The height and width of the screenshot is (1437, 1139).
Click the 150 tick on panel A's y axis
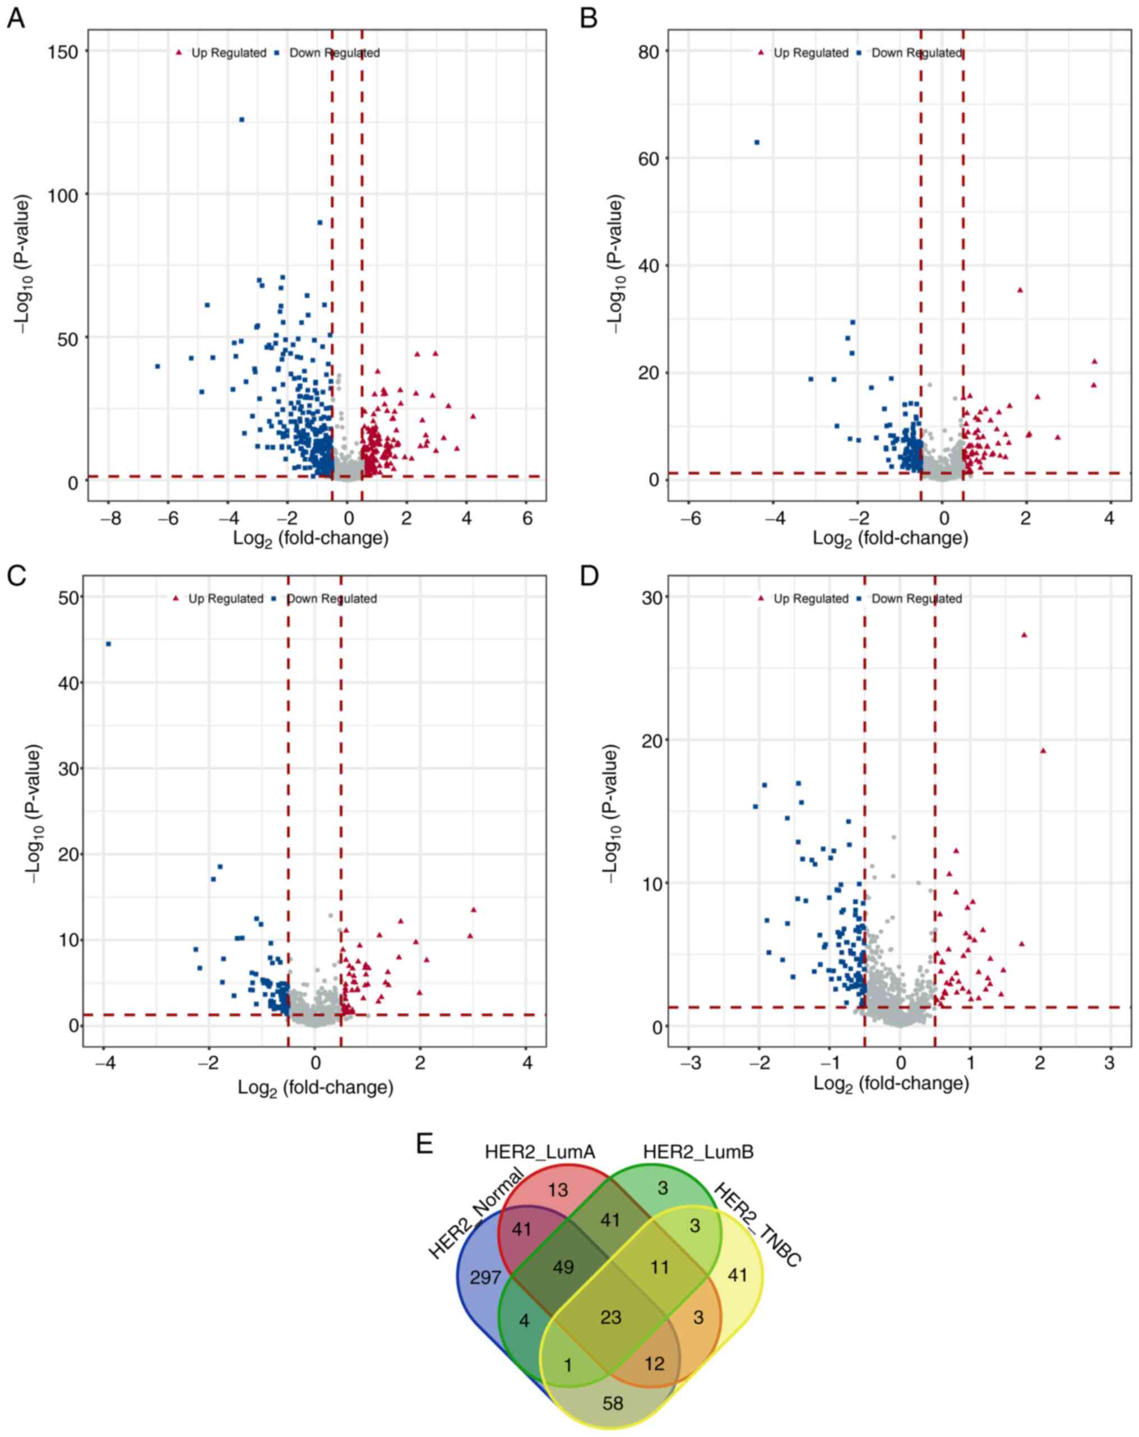tap(63, 52)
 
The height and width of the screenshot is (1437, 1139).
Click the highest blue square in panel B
tap(757, 142)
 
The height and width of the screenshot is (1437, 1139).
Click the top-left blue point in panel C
tap(109, 644)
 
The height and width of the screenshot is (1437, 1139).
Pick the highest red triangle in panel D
tap(1024, 635)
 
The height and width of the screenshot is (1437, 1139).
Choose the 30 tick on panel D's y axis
tap(652, 597)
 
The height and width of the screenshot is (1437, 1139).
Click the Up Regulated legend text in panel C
tap(226, 599)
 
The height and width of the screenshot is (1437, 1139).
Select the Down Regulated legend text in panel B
tap(916, 53)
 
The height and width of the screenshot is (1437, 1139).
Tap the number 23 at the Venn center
tap(610, 1317)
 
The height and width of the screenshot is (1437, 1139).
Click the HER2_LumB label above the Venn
tap(698, 1152)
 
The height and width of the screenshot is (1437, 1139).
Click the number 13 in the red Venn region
tap(558, 1189)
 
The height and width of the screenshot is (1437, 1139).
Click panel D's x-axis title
tap(891, 1083)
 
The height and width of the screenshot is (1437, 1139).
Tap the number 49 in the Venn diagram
tap(563, 1267)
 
